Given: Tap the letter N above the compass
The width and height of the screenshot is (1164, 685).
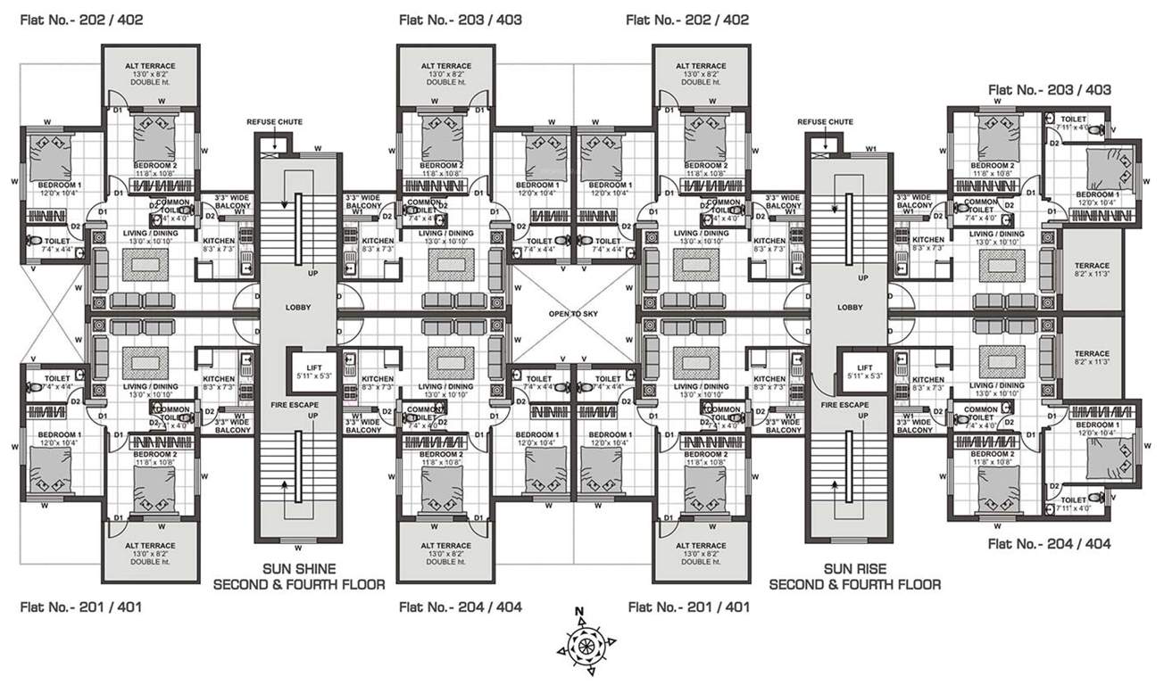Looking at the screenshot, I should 580,611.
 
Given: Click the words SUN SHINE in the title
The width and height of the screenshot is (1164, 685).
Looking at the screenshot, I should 298,568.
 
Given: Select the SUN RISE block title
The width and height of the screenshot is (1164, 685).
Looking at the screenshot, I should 854,568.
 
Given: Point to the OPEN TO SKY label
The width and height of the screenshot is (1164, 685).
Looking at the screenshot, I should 571,314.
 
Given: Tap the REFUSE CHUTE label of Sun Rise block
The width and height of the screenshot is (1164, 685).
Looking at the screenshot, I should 825,121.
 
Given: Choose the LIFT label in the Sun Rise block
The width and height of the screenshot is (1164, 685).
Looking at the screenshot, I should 863,367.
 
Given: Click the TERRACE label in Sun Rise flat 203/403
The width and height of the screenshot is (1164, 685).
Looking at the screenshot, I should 1092,266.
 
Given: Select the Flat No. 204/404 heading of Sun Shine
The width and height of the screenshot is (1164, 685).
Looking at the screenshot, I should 460,607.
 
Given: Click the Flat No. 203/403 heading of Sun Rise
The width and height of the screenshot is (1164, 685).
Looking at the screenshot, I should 1050,90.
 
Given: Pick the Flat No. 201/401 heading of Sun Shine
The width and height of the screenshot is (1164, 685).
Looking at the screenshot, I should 80,607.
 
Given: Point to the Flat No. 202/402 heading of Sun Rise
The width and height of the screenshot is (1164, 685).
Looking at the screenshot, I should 687,19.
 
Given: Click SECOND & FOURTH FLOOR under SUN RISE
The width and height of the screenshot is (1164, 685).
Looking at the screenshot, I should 854,585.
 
